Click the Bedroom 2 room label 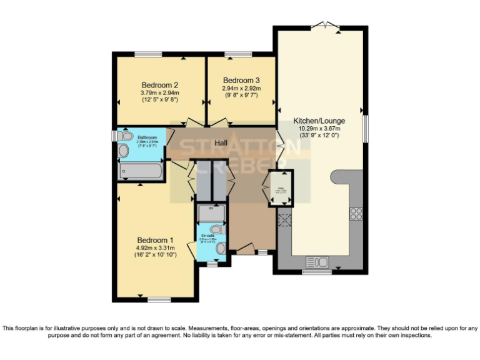[x=159, y=85]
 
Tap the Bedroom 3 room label [x=241, y=81]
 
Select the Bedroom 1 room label [x=156, y=240]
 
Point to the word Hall [x=221, y=143]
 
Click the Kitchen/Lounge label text [x=319, y=121]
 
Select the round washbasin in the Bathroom [x=123, y=151]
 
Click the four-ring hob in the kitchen [x=356, y=213]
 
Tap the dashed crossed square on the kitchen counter [x=284, y=219]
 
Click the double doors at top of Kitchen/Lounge [x=326, y=26]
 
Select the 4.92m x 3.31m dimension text [x=156, y=248]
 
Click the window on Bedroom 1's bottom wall [x=159, y=300]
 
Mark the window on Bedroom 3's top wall [x=234, y=54]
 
